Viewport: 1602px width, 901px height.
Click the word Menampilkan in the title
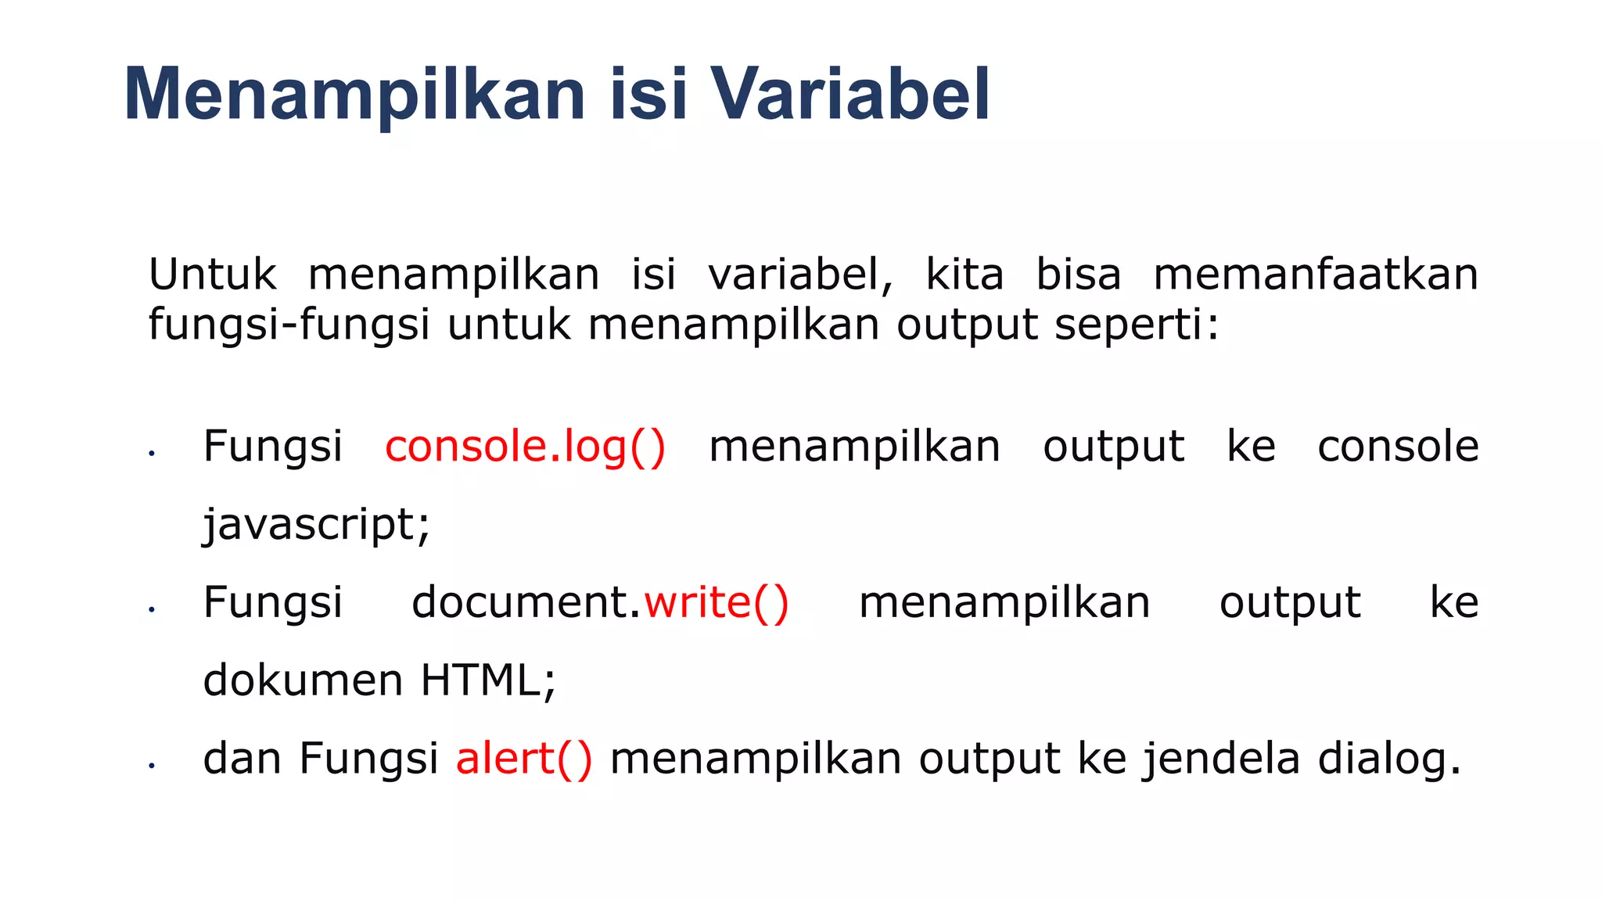(354, 95)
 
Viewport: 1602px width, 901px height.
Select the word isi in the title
(648, 95)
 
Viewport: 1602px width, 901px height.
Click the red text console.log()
(525, 447)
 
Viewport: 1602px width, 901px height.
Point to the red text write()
(717, 603)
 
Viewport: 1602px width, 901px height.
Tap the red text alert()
(524, 759)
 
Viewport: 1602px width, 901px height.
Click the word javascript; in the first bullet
(316, 525)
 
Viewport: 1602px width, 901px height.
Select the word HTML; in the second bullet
(488, 680)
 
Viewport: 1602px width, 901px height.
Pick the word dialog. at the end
(1389, 759)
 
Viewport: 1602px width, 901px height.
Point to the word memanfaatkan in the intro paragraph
(1316, 275)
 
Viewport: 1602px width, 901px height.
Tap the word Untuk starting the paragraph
(213, 275)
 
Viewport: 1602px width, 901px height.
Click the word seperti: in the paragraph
(1137, 325)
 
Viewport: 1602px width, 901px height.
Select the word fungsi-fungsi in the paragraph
(289, 325)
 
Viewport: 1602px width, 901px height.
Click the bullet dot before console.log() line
(152, 454)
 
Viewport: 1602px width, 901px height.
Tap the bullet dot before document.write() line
(152, 609)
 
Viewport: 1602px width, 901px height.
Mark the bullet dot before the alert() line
(152, 766)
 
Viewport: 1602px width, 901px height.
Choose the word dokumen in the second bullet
(303, 680)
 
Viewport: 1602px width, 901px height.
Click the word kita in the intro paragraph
(964, 275)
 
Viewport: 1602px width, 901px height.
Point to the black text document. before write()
(526, 603)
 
